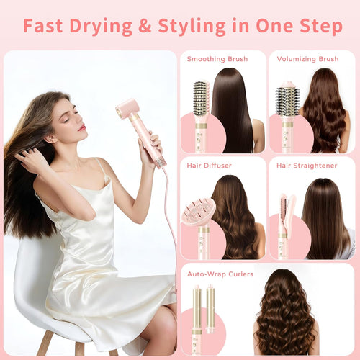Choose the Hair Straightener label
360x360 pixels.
coord(303,166)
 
